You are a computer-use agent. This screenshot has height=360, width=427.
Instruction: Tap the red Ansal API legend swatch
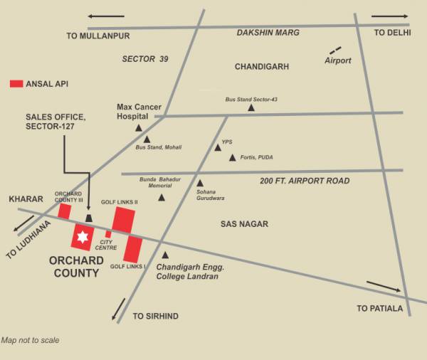[16, 84]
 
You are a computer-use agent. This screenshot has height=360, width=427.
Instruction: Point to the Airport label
[338, 60]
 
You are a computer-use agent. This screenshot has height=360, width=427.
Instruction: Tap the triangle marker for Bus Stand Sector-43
[251, 108]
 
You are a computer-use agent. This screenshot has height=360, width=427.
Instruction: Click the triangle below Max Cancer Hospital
[139, 128]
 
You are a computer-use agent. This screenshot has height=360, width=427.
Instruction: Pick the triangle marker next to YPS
[218, 147]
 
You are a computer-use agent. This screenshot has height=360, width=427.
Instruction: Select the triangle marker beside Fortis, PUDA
[232, 157]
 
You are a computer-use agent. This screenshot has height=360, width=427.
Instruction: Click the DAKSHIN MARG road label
[268, 33]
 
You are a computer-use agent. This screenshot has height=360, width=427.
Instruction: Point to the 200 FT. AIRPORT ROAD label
[305, 181]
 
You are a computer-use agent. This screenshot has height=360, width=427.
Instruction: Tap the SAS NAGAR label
[244, 224]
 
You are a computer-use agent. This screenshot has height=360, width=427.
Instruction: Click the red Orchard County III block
[64, 211]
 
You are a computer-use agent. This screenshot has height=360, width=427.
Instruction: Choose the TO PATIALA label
[380, 308]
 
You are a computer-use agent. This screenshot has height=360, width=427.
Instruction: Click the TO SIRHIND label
[156, 316]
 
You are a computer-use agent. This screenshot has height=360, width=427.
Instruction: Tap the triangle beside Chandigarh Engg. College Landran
[165, 255]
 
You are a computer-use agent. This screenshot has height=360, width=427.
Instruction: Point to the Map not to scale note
[31, 340]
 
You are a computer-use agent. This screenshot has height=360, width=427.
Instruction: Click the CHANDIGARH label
[262, 67]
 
